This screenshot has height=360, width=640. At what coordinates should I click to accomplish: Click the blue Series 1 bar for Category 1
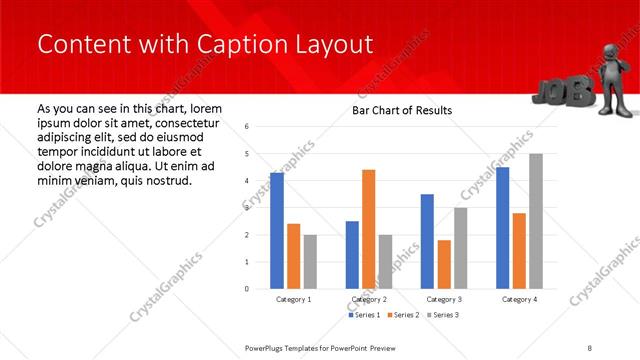[x=277, y=230]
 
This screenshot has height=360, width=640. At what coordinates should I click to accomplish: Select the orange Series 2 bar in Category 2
[x=368, y=229]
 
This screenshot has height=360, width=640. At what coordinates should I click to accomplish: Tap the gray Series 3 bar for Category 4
[x=536, y=221]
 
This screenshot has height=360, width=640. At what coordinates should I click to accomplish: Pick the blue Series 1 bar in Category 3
[x=427, y=241]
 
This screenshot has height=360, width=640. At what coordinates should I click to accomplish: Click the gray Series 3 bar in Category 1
[x=310, y=261]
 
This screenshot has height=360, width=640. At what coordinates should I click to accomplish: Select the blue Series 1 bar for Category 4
[x=502, y=228]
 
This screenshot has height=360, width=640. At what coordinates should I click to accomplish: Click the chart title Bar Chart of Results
[x=402, y=110]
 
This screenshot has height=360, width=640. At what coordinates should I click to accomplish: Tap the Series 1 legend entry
[x=364, y=315]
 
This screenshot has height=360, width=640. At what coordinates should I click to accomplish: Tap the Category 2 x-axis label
[x=368, y=299]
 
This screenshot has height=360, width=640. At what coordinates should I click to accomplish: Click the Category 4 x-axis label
[x=519, y=299]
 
